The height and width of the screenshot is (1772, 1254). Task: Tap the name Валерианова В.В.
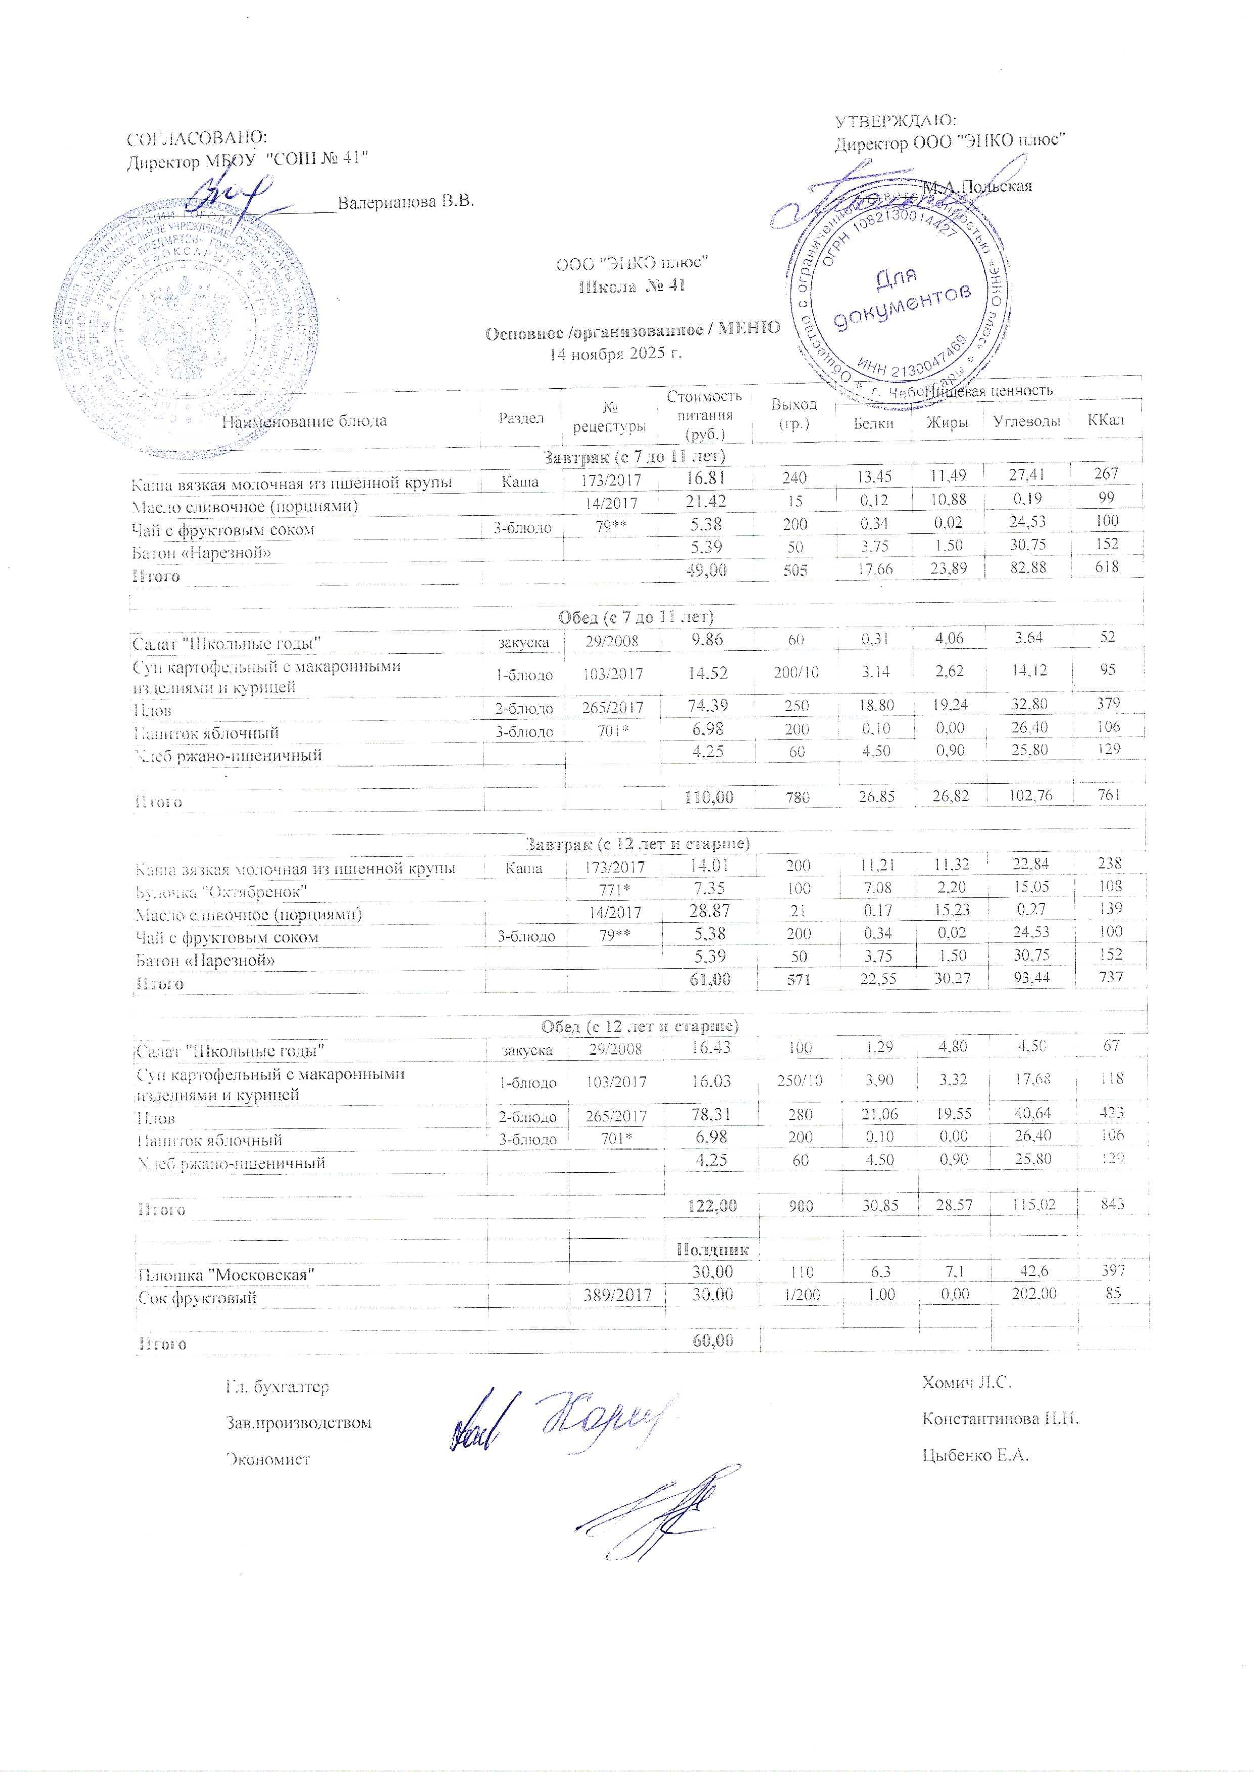point(406,202)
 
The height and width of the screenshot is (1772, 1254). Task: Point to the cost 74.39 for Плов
point(708,705)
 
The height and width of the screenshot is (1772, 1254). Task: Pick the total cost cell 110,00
point(708,796)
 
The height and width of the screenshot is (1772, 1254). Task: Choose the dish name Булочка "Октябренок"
point(221,891)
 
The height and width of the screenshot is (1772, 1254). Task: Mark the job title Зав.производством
point(298,1422)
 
